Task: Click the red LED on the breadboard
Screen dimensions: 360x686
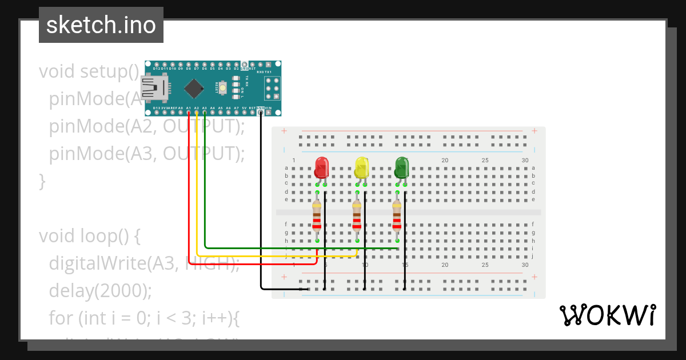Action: pos(322,167)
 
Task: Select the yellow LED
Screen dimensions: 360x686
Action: pos(362,167)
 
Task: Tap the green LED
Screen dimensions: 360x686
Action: pos(402,167)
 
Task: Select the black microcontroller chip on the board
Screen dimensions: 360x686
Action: pos(194,88)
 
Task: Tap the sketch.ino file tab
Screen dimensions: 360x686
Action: pos(101,25)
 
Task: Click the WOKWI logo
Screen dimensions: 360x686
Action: pos(607,315)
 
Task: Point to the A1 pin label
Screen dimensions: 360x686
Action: pos(189,107)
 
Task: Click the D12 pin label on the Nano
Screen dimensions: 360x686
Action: pos(157,69)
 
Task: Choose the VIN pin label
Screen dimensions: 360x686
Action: pos(268,107)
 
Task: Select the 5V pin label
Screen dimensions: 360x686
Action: pos(244,107)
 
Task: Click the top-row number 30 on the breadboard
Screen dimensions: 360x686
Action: pos(525,160)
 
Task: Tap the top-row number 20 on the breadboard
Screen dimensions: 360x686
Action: pos(445,160)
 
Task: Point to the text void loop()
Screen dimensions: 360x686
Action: pos(86,235)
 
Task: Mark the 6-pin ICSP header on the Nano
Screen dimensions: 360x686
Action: pos(272,89)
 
